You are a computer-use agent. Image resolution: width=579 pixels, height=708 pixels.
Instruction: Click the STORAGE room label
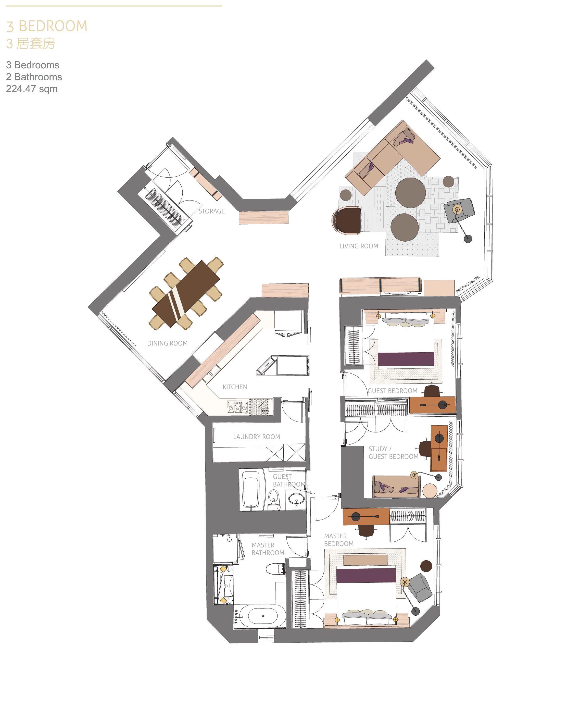click(211, 211)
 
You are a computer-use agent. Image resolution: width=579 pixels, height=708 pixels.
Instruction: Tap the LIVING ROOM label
click(359, 246)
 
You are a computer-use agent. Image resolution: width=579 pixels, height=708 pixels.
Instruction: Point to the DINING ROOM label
click(167, 343)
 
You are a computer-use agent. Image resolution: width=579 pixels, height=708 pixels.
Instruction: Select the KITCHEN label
click(235, 387)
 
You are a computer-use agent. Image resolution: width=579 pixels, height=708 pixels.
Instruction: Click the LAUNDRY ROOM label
click(257, 437)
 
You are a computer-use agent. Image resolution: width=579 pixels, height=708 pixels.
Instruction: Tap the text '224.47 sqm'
click(32, 89)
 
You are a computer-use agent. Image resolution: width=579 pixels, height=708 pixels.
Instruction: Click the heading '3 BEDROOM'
click(47, 26)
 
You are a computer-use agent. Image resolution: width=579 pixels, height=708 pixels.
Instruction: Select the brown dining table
click(186, 294)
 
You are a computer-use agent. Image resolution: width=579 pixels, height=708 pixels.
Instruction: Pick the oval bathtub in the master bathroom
click(262, 616)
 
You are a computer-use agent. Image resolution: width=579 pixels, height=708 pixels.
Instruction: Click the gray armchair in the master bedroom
click(421, 588)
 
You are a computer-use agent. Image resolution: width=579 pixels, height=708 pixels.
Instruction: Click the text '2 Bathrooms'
click(34, 77)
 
